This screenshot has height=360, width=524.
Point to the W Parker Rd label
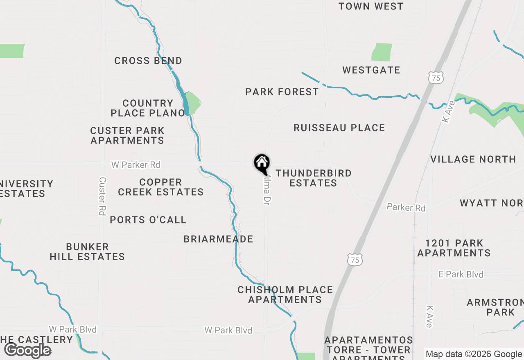tap(136, 165)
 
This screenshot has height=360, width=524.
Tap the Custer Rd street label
tap(102, 196)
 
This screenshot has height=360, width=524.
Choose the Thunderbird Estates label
tap(313, 178)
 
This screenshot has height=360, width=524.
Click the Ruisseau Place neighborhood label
tap(339, 128)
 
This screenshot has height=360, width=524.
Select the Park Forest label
tap(282, 92)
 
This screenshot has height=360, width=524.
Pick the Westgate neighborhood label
tap(371, 70)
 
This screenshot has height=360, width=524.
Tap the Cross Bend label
tap(148, 61)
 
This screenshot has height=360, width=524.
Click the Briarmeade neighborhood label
tap(218, 239)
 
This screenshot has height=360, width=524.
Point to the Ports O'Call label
tap(148, 220)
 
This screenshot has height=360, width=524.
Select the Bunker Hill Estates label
tap(87, 252)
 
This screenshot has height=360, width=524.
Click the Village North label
tap(473, 160)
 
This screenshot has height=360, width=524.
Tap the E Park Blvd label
tap(461, 274)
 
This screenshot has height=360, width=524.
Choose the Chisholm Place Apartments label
tap(285, 295)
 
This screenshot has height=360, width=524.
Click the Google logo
tap(28, 350)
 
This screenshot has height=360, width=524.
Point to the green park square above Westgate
tap(381, 52)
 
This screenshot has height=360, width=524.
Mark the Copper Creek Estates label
tap(160, 187)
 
